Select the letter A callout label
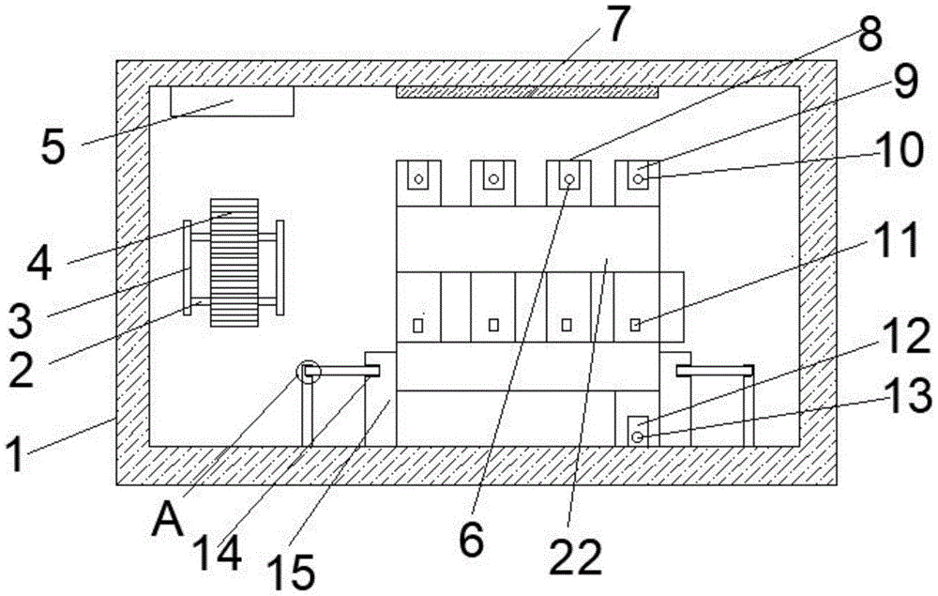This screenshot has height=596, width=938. point(167,515)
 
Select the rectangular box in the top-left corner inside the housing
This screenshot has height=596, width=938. point(232,101)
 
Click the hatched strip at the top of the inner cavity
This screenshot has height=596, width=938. point(527,92)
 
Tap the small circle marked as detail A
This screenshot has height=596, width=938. point(308,373)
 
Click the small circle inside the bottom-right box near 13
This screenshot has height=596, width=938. point(638,436)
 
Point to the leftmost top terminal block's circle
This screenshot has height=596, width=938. point(419,177)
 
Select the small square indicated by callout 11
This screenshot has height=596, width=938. point(635,325)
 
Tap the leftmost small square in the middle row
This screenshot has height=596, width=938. point(419,326)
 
